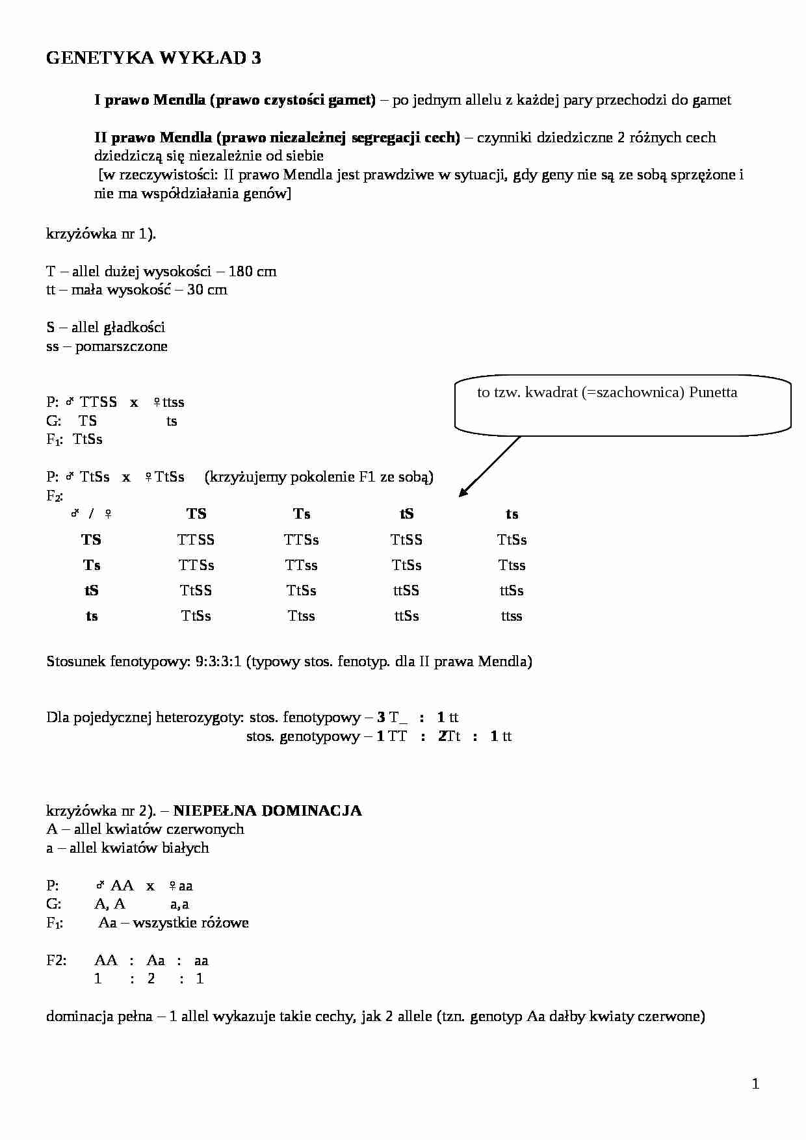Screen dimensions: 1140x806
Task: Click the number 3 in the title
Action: point(255,58)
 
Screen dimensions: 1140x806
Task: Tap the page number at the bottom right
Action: point(755,1083)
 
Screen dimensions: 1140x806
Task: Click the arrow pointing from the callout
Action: point(489,466)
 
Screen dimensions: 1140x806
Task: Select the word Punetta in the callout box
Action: point(713,393)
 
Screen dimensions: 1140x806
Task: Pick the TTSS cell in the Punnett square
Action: point(196,540)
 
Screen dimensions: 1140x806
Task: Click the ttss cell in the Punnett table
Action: point(512,616)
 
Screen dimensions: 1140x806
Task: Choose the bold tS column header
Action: point(407,515)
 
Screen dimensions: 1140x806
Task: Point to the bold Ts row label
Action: point(92,565)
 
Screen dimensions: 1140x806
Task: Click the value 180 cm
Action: point(252,272)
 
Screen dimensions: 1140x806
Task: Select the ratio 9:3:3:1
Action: point(218,662)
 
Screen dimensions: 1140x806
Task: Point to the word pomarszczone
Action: point(121,346)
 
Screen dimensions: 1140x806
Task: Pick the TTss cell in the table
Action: point(301,565)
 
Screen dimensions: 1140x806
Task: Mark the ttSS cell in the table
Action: point(407,591)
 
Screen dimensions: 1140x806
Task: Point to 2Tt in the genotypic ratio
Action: point(449,736)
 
